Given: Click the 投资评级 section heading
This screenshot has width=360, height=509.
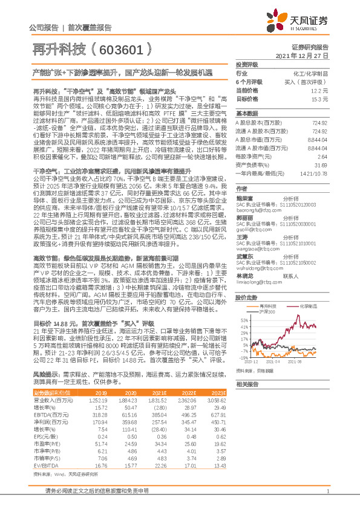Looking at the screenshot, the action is click(x=247, y=63).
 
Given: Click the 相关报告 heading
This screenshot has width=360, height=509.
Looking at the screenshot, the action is click(x=247, y=384).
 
